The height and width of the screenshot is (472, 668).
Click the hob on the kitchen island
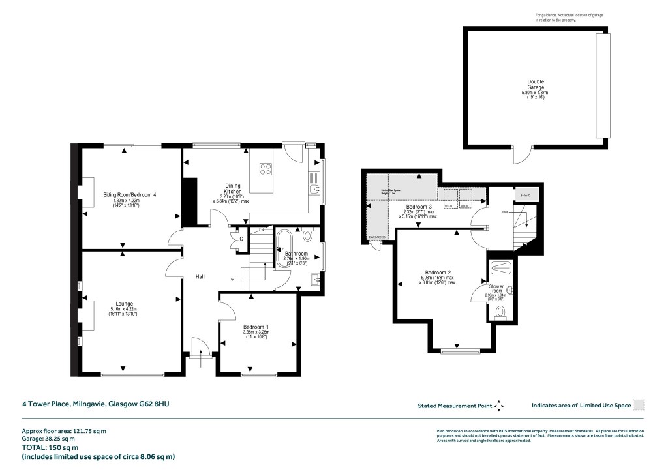pyautogui.click(x=266, y=170)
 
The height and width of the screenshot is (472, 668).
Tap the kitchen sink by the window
pyautogui.click(x=314, y=190)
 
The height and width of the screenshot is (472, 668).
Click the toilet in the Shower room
pyautogui.click(x=500, y=313)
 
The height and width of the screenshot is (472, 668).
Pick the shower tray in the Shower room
pyautogui.click(x=500, y=267)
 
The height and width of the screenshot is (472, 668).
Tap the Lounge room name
pyautogui.click(x=124, y=304)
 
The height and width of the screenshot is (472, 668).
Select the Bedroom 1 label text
pyautogui.click(x=256, y=327)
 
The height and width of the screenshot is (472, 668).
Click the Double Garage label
pyautogui.click(x=536, y=85)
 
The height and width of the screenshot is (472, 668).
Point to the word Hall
pyautogui.click(x=200, y=277)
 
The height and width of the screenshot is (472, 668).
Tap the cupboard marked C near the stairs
pyautogui.click(x=241, y=239)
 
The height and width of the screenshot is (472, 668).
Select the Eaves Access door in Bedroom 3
pyautogui.click(x=375, y=245)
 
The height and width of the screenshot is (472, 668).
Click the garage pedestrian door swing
pyautogui.click(x=520, y=155)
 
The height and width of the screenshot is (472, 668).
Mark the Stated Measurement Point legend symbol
pyautogui.click(x=499, y=406)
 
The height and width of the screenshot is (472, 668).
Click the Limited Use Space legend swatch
pyautogui.click(x=639, y=405)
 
